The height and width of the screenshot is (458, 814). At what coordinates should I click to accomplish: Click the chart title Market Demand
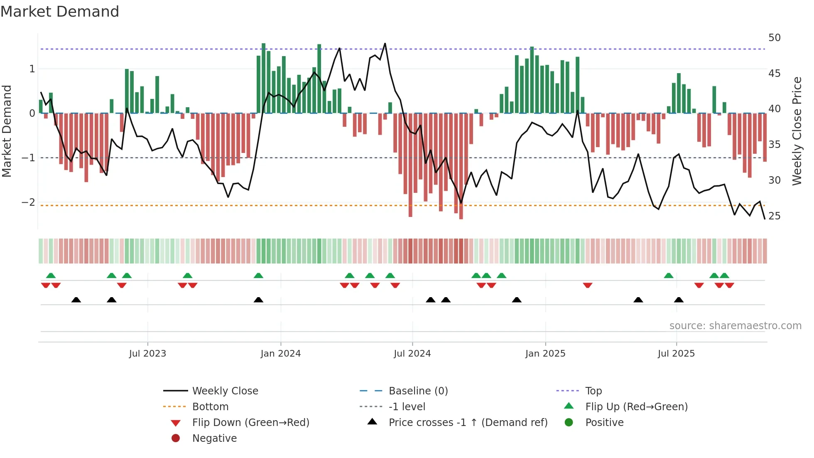coord(60,12)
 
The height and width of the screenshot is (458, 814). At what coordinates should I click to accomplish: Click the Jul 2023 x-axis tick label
coord(147,354)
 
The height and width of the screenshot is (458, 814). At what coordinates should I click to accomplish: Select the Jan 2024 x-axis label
coord(280,354)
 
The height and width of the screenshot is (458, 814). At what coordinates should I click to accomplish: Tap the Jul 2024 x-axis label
coord(412,354)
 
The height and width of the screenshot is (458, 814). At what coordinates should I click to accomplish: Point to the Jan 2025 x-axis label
coord(545,354)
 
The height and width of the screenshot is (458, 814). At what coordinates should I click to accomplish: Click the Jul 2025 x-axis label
coord(676,354)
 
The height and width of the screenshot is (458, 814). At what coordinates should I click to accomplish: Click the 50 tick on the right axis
coord(774,38)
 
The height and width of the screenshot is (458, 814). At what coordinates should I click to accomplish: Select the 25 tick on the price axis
coord(774,216)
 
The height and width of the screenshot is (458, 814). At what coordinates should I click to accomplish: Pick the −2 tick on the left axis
coord(28,202)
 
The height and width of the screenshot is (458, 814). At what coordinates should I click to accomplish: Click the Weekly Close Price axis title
coord(797,131)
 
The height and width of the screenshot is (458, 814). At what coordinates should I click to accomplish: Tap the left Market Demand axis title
coord(7,131)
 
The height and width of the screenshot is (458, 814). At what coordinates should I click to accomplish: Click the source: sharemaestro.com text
coord(735,326)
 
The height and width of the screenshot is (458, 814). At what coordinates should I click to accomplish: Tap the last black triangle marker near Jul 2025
coord(679,300)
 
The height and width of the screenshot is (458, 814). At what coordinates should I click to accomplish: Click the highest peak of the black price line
coord(385,44)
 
